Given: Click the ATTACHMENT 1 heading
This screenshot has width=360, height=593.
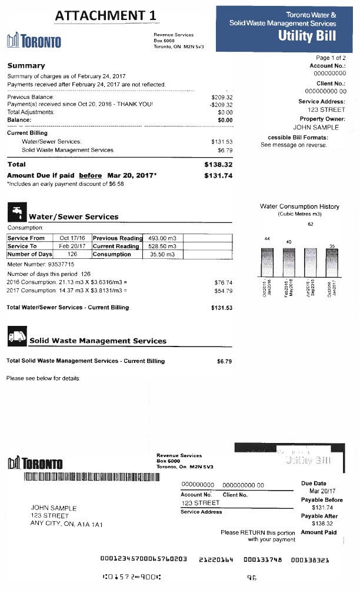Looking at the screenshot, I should (x=108, y=15).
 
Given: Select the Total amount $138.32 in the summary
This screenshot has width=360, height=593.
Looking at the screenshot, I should (x=218, y=165).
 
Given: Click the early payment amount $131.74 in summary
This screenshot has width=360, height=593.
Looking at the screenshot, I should (x=218, y=175).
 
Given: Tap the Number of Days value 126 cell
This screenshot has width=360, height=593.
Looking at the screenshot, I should (x=72, y=254).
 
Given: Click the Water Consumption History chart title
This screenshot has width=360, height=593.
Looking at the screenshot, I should (x=299, y=206).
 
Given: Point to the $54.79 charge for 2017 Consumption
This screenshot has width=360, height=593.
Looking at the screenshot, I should (x=224, y=291).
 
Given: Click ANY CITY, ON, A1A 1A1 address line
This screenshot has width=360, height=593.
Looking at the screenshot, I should (x=66, y=524).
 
